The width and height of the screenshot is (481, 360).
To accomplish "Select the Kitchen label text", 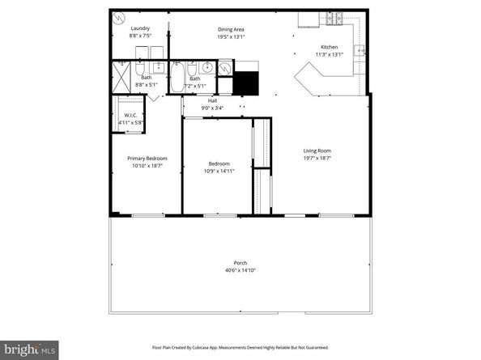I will pyautogui.click(x=329, y=48).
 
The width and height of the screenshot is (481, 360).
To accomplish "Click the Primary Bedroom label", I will pyautogui.click(x=147, y=158).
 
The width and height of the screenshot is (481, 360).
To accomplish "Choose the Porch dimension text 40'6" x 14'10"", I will pyautogui.click(x=240, y=272).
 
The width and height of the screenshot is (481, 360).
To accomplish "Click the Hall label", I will pyautogui.click(x=212, y=100).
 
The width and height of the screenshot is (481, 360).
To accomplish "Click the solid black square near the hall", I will pyautogui.click(x=245, y=82).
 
